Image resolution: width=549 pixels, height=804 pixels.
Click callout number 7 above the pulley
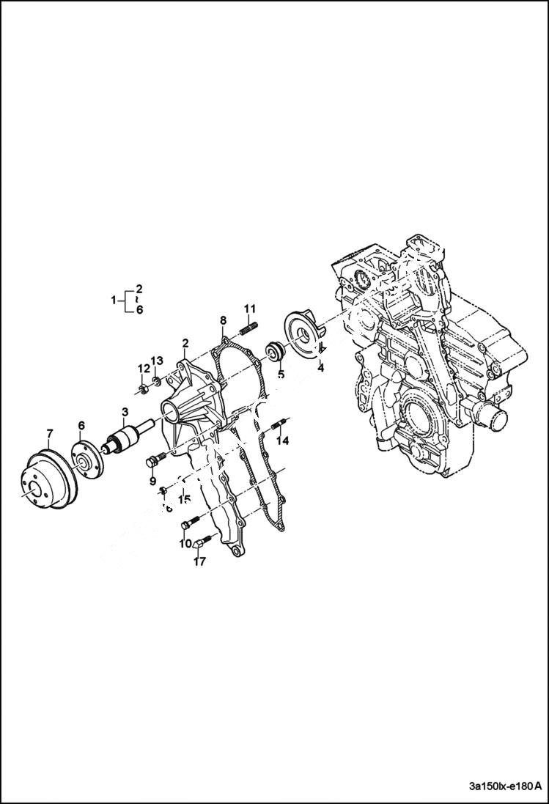49,432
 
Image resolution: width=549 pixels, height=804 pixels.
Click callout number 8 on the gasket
223,320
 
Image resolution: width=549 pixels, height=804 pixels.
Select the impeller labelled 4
304,334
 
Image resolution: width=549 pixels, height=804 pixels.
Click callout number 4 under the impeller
320,368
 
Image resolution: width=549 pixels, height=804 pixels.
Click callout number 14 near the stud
282,440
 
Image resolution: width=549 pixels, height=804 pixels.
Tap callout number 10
185,544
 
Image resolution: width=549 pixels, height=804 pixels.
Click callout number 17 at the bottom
199,561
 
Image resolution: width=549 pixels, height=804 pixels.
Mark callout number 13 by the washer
157,361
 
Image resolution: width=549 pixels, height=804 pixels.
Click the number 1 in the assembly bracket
114,300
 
